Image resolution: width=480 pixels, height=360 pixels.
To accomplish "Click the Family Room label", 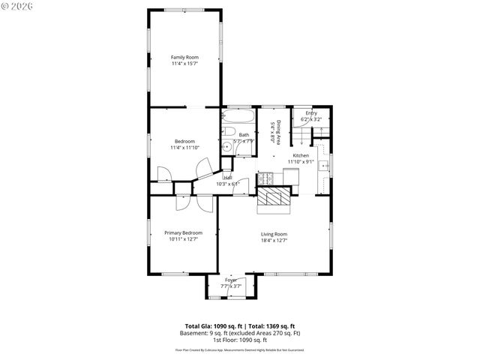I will click(184, 57).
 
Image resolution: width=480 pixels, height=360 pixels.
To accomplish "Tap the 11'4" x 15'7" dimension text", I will click(184, 64).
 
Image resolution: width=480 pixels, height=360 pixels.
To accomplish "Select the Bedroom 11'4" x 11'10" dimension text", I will click(184, 148).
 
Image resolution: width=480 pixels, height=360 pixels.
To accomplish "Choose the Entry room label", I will click(310, 113).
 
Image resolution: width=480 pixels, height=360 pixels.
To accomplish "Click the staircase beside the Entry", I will click(301, 136).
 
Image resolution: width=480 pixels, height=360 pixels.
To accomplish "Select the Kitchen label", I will click(301, 155).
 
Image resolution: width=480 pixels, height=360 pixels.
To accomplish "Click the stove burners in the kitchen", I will click(265, 178).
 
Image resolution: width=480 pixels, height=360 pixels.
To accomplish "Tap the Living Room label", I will click(274, 234).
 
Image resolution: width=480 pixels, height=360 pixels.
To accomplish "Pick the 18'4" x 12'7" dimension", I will click(274, 241).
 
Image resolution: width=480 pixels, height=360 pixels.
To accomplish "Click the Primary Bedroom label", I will click(184, 233).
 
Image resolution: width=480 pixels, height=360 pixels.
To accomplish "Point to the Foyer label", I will click(231, 280).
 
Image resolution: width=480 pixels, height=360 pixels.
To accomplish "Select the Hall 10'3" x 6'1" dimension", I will click(227, 184).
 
